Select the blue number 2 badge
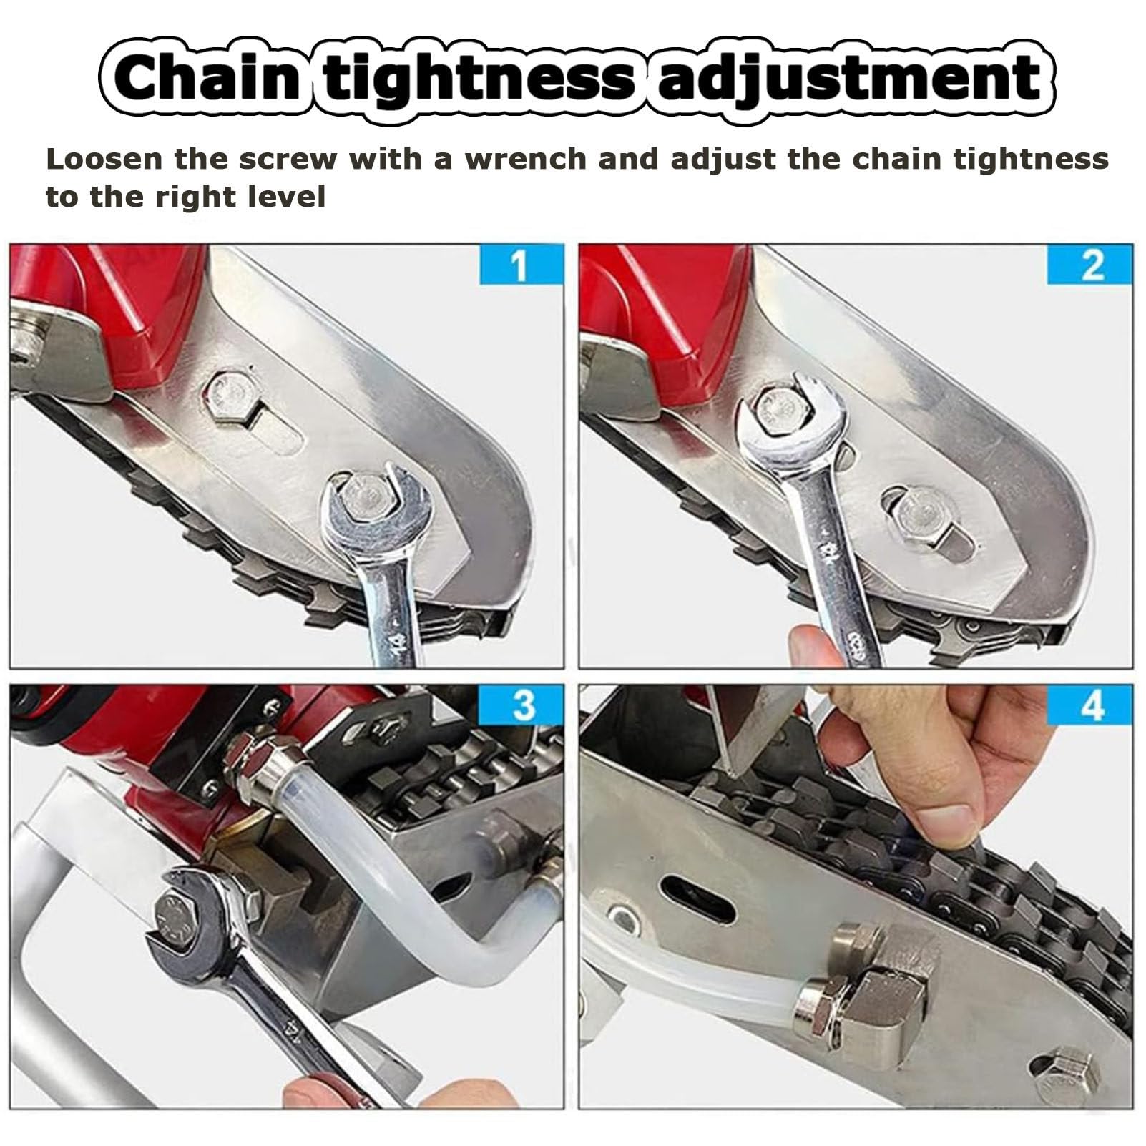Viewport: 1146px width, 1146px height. point(1090,265)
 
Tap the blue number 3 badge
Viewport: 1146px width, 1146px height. point(523,705)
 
